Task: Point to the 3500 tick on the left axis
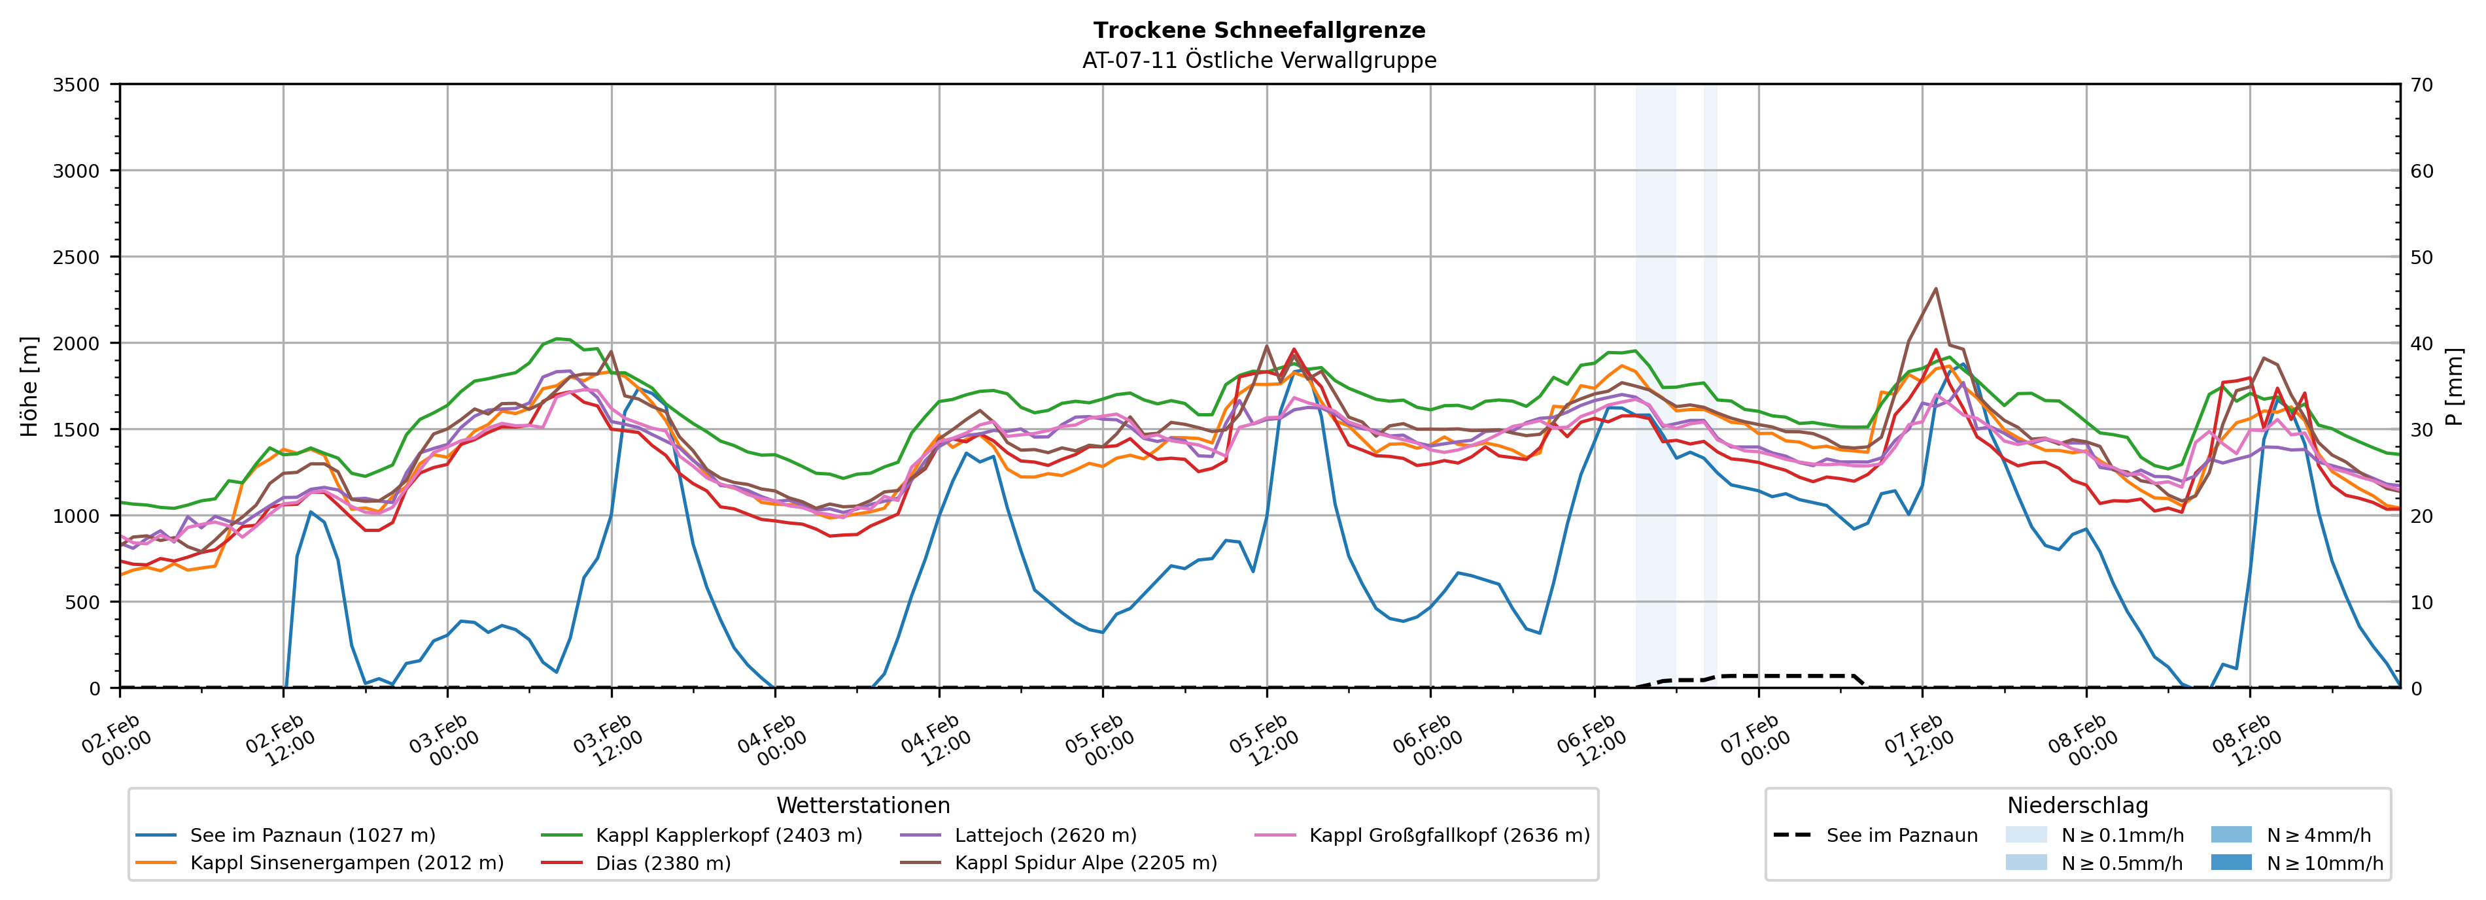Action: point(77,85)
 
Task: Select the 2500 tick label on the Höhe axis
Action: point(77,258)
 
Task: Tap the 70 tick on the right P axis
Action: point(2421,85)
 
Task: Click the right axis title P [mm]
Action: point(2454,386)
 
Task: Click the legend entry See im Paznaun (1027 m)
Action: point(312,835)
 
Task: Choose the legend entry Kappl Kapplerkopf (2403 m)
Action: point(729,835)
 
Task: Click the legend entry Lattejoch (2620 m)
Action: point(1045,835)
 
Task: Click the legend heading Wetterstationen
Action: point(863,805)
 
